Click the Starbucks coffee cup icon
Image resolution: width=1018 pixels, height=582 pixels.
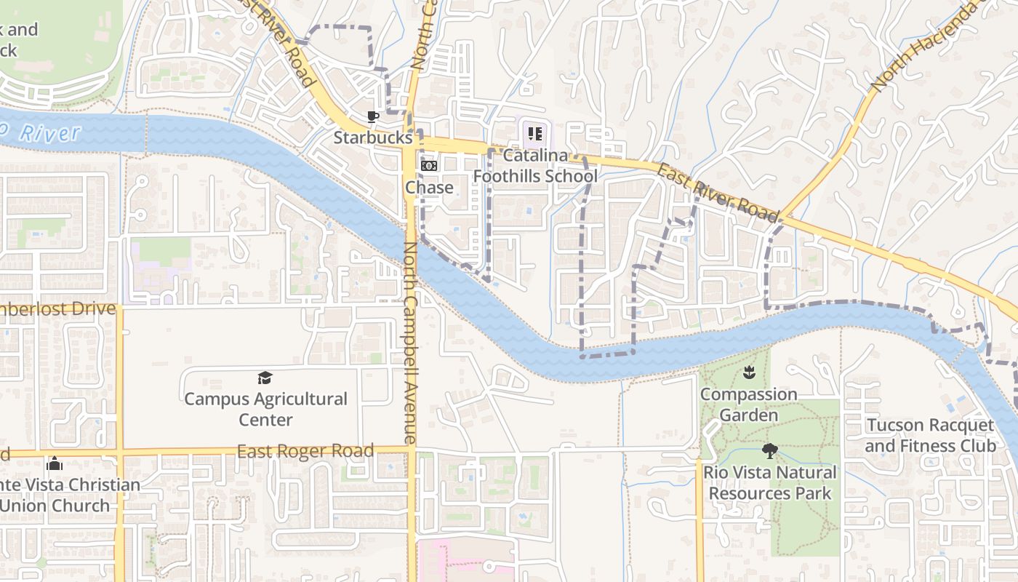(x=372, y=116)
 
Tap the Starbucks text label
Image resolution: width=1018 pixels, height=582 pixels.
(x=373, y=137)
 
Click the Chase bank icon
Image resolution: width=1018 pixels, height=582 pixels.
(x=429, y=166)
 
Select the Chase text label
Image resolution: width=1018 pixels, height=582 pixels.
(x=429, y=187)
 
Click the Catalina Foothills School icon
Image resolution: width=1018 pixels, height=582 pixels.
(x=535, y=133)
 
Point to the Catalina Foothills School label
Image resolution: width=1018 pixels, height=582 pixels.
(x=535, y=166)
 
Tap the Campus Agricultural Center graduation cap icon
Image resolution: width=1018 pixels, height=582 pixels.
(x=265, y=378)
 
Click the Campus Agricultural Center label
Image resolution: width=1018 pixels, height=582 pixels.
(x=265, y=410)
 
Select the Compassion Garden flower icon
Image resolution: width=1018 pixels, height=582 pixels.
(x=749, y=373)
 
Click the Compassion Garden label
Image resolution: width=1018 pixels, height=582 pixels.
(x=749, y=404)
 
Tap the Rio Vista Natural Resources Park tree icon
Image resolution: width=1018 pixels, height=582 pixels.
(x=770, y=451)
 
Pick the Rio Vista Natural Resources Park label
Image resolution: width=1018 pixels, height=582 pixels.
(x=770, y=482)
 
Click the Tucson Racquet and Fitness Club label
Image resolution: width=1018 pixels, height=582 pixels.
(x=930, y=435)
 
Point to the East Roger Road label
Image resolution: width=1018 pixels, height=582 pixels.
(x=305, y=451)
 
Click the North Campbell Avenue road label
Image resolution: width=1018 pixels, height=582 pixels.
(x=409, y=342)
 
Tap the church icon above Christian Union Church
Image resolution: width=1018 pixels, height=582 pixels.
(x=55, y=463)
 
